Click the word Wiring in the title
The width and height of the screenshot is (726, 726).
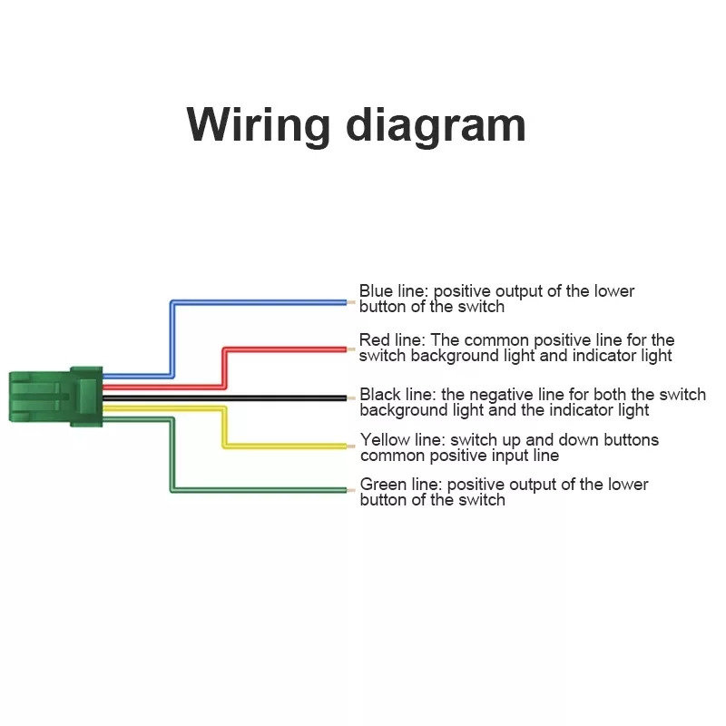pos(258,126)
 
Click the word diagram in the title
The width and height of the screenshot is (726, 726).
pos(436,126)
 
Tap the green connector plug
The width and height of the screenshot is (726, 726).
pos(55,397)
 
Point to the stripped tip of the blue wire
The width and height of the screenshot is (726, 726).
pos(351,303)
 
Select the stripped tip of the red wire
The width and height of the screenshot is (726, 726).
pos(351,349)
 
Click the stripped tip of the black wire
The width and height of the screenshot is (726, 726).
pos(351,398)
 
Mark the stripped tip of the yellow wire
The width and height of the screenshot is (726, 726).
pos(351,446)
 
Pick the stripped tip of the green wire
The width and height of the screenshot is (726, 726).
pos(351,490)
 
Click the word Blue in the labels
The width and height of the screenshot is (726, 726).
pos(376,290)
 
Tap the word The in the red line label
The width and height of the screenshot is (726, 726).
pos(445,339)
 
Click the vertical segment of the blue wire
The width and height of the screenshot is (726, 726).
pos(172,339)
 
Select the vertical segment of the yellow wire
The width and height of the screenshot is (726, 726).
pos(224,427)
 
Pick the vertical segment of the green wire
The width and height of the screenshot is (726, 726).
pos(172,455)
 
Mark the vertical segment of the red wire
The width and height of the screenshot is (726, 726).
pos(224,368)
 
